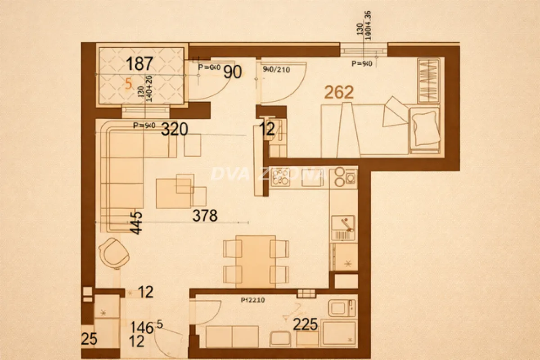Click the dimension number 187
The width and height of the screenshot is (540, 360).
point(140,64)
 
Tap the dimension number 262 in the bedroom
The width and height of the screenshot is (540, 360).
point(339,92)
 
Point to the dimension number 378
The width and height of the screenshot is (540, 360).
point(205,216)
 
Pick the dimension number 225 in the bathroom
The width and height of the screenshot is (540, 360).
point(306,324)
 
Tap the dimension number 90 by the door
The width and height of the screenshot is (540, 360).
point(233,72)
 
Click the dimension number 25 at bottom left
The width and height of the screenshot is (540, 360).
point(89,339)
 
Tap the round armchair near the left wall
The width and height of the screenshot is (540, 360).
point(116,253)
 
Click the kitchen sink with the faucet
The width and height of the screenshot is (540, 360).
point(343,228)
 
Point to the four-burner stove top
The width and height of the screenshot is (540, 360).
point(281,177)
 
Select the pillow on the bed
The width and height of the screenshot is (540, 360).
point(425,127)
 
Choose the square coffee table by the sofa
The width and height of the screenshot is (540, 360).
point(173,193)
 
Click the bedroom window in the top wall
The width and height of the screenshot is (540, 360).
point(364,49)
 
